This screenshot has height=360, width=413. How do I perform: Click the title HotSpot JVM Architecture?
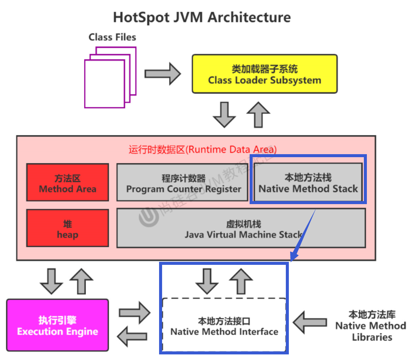coord(202,18)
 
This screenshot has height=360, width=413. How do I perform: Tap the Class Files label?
coord(112,37)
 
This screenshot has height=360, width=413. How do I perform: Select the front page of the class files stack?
coord(104,84)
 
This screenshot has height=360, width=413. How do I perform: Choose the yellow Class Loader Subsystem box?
coord(264,74)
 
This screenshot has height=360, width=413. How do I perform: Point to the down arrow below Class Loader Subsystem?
coord(224,114)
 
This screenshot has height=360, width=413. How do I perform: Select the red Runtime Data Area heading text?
coord(203,149)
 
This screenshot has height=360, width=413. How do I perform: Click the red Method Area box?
coord(67,182)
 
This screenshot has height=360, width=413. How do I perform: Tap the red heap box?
coord(67,228)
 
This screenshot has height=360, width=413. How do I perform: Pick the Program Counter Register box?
coord(183,182)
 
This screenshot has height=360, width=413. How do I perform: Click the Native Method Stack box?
coord(308,183)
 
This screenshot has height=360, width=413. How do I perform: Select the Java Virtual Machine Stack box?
coord(241,228)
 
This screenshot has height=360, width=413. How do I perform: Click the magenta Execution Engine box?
coord(57,326)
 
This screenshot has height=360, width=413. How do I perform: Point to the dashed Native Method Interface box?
coord(224,326)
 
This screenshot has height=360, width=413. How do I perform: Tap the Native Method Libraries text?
coord(371,326)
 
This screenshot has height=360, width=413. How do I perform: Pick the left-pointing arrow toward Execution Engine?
coord(134,337)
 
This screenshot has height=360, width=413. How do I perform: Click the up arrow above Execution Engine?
coord(81,281)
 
